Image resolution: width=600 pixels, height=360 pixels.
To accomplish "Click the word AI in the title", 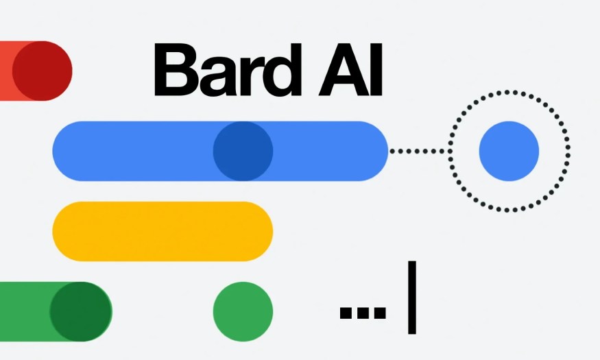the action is [x=350, y=71].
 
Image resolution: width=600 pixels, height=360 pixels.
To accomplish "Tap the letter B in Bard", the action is [x=173, y=71].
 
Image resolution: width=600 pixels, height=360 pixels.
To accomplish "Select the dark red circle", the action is [x=42, y=71].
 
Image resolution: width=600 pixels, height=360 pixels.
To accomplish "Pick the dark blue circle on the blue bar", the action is [x=243, y=151].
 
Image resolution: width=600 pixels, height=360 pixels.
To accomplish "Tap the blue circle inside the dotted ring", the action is [x=509, y=151].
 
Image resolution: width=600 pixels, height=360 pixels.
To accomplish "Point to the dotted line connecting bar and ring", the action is [x=418, y=151].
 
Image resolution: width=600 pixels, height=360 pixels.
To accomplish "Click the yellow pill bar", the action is [x=163, y=231].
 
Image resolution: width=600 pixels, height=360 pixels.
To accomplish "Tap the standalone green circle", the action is [x=243, y=312].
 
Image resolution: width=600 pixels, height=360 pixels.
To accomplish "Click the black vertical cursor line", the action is [x=411, y=297].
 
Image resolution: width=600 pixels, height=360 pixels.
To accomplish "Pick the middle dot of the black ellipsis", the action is [x=363, y=313].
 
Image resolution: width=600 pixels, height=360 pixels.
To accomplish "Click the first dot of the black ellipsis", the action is [x=346, y=313].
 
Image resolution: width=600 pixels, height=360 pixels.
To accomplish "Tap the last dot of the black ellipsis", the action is [x=379, y=313].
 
